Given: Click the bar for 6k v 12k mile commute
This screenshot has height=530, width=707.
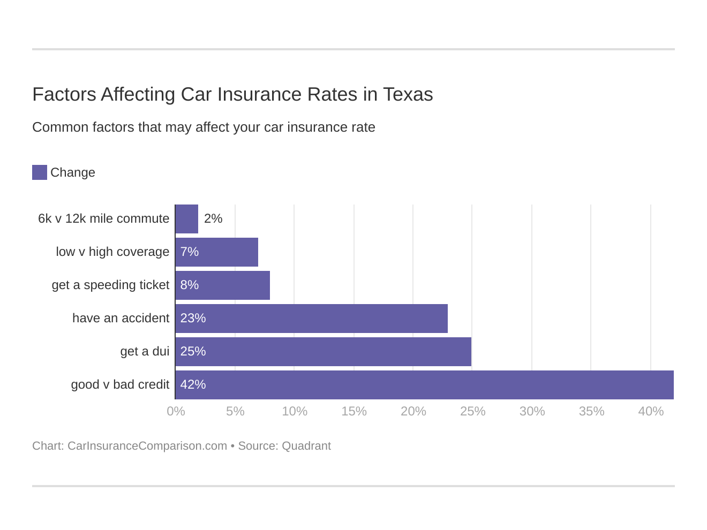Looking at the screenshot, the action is [187, 219].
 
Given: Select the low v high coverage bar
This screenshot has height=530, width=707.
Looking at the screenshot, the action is [217, 252].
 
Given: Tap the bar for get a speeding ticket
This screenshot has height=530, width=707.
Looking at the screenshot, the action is [223, 285].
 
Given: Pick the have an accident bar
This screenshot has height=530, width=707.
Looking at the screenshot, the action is [312, 318].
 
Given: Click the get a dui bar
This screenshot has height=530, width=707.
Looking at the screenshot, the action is [324, 351].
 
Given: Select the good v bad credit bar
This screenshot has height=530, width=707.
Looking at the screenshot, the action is [425, 385].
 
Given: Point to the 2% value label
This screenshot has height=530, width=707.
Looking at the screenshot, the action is [213, 218].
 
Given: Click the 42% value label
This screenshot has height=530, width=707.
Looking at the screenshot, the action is [193, 384].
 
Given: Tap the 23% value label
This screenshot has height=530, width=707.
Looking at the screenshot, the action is [193, 318].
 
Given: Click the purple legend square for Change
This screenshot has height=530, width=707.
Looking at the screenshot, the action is [40, 172].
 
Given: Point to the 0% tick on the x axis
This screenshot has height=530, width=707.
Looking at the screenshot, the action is [176, 411].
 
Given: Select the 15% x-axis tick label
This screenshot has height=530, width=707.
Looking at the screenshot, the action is [354, 411].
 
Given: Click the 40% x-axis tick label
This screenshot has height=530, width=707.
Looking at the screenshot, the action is [651, 411].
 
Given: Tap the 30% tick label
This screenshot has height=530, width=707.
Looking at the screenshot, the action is [532, 411].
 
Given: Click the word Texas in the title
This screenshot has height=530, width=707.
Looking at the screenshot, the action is [408, 94].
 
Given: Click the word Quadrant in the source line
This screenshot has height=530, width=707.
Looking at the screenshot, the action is [306, 446].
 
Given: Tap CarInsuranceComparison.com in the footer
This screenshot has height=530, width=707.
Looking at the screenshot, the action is [147, 446].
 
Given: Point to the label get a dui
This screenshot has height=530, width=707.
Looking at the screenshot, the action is [145, 351].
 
